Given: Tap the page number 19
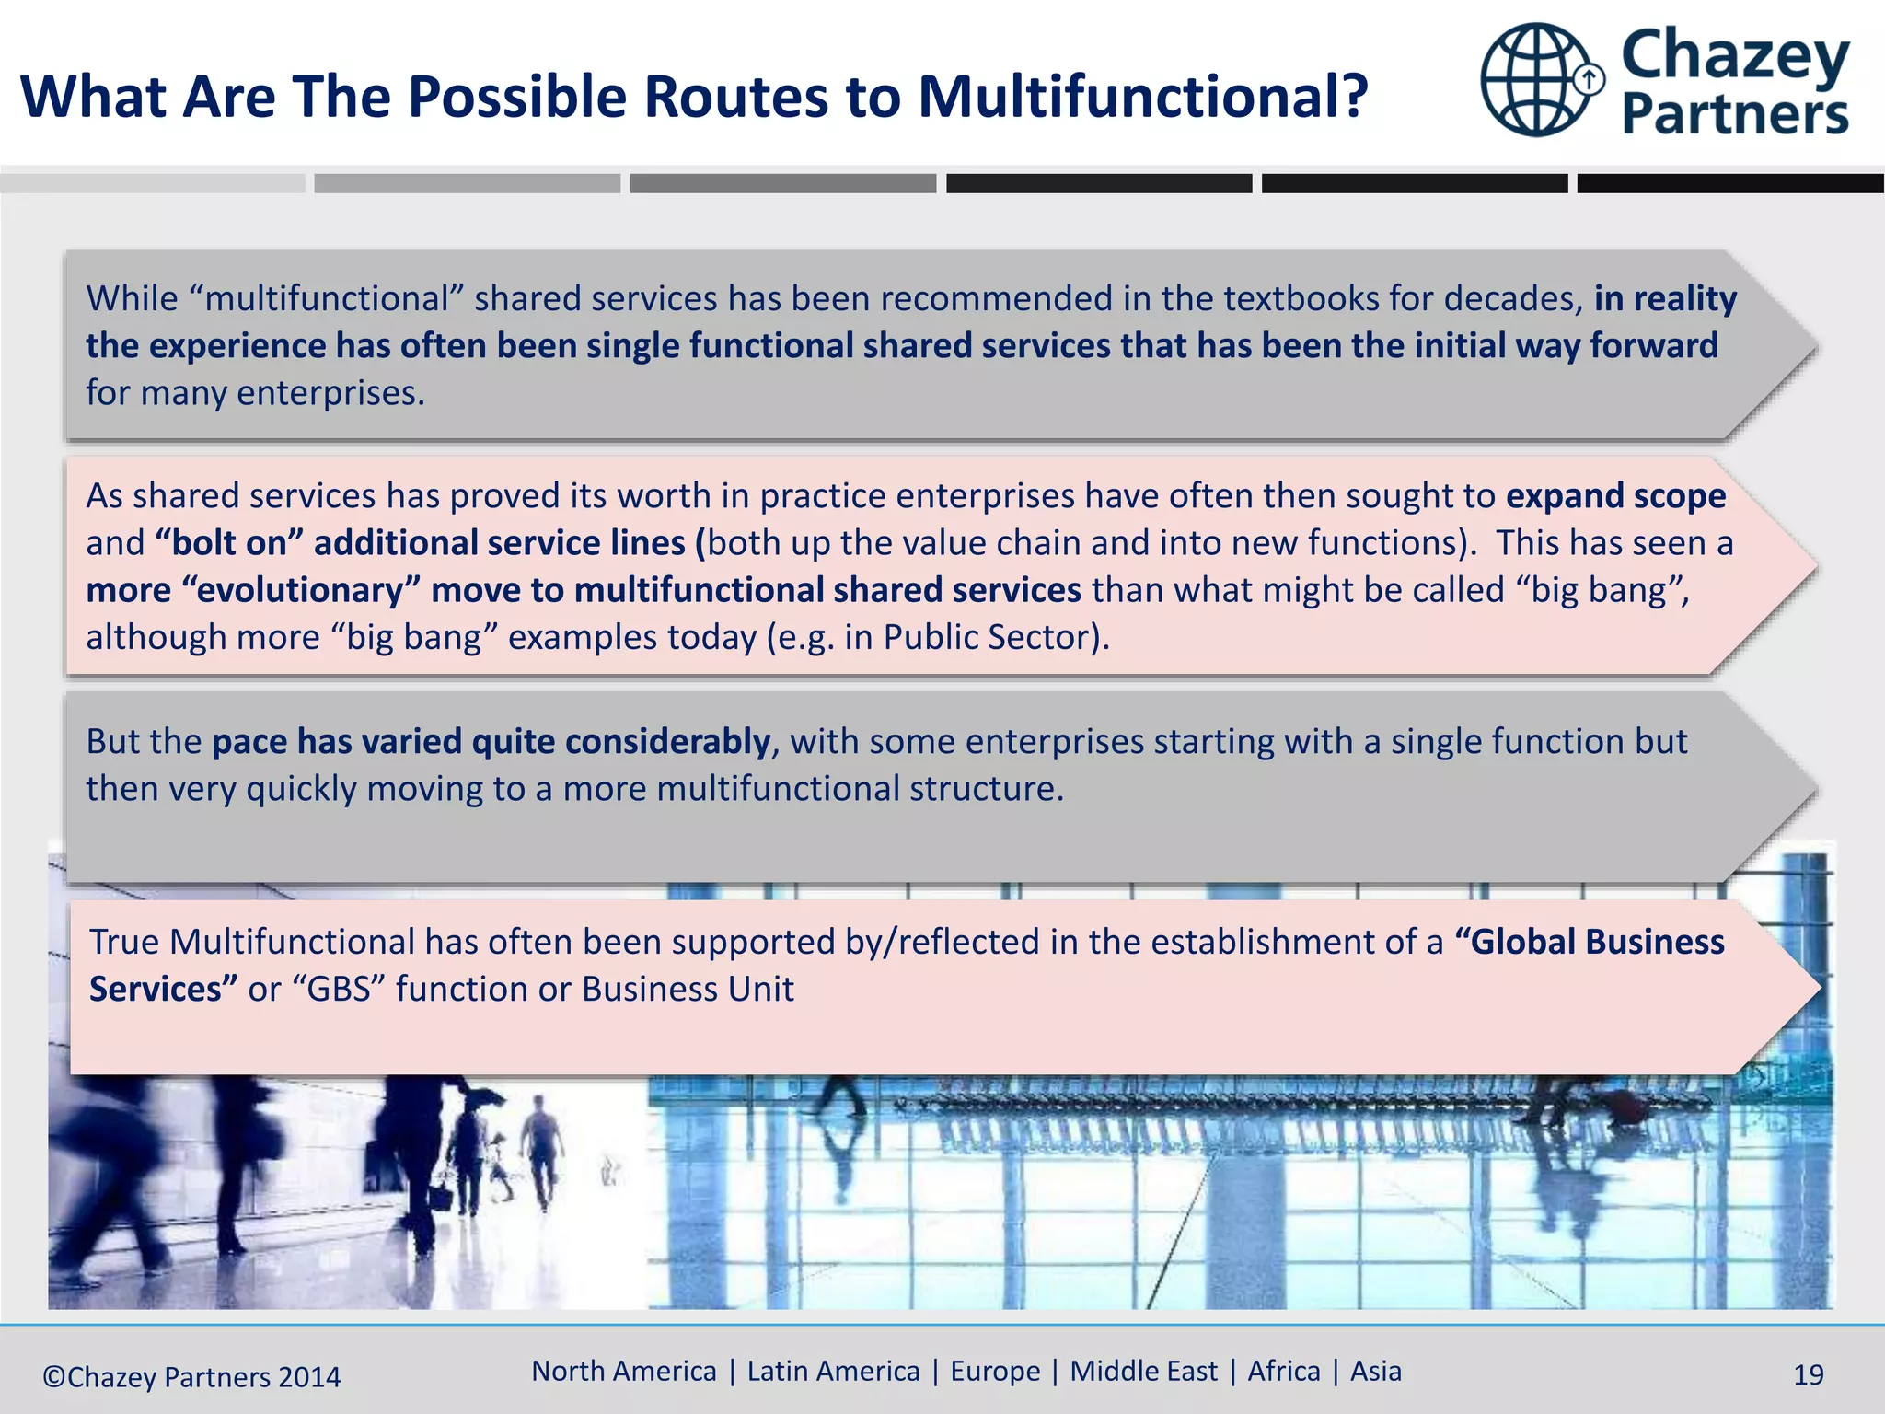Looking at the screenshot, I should [1808, 1375].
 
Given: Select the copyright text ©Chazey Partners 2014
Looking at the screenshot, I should [191, 1377].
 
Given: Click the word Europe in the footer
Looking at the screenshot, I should [995, 1372].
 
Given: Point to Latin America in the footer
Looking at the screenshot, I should [833, 1372].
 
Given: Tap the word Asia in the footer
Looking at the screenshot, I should [1375, 1372].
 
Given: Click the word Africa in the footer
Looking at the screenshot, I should [1283, 1372].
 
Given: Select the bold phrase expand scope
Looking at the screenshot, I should [1615, 496].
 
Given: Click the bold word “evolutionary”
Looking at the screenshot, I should [299, 590].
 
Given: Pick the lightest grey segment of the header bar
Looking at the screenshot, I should [153, 183].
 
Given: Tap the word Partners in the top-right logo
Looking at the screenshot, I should [1735, 115].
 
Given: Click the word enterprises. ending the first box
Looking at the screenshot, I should [331, 393].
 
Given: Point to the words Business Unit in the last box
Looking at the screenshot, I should [688, 990].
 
